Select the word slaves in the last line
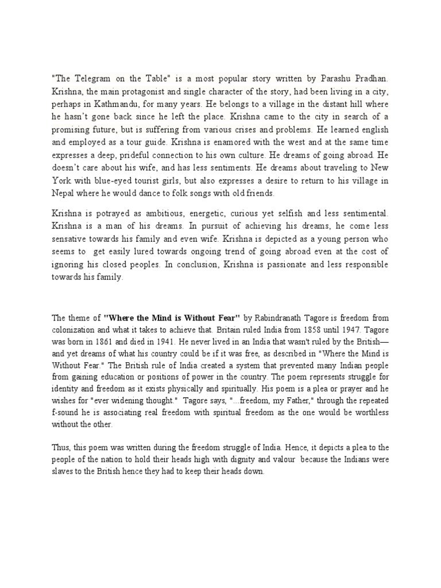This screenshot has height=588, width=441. pyautogui.click(x=63, y=471)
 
